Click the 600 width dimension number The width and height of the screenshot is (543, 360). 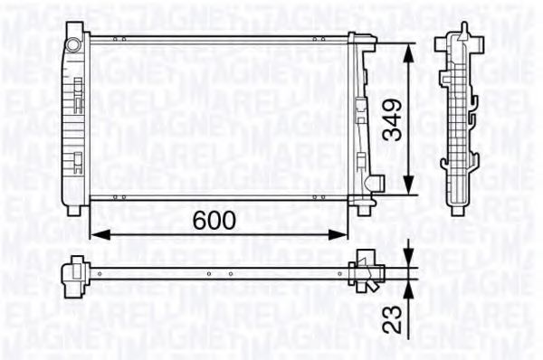(x=214, y=220)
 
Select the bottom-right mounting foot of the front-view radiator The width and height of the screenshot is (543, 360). (x=364, y=210)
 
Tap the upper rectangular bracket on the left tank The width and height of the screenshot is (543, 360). (x=79, y=91)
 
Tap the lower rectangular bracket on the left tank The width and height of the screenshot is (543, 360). (x=79, y=163)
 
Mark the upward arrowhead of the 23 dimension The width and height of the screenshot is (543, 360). (x=410, y=289)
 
